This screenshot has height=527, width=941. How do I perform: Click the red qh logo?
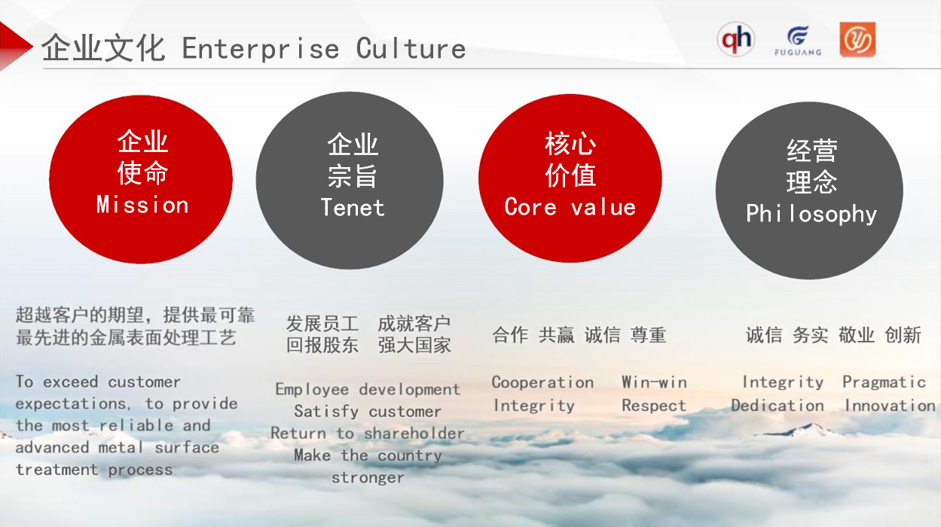pyautogui.click(x=735, y=39)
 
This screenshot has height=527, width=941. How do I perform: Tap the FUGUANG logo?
pyautogui.click(x=798, y=41)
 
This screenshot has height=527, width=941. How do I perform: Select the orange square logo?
pyautogui.click(x=857, y=39)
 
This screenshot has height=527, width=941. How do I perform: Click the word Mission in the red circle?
pyautogui.click(x=142, y=205)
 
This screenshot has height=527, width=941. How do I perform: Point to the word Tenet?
pyautogui.click(x=353, y=208)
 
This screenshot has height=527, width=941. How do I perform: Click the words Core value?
pyautogui.click(x=570, y=206)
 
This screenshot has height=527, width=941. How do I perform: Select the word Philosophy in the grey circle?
pyautogui.click(x=811, y=214)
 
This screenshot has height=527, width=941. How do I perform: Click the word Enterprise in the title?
pyautogui.click(x=261, y=48)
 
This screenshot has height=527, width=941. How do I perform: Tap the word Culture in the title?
pyautogui.click(x=411, y=48)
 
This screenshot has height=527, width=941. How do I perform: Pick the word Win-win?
pyautogui.click(x=654, y=382)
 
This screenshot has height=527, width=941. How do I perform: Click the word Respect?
pyautogui.click(x=654, y=406)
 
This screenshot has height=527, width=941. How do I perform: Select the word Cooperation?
pyautogui.click(x=542, y=382)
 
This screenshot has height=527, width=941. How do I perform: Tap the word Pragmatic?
pyautogui.click(x=884, y=382)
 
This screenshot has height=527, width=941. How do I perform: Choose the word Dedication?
pyautogui.click(x=778, y=405)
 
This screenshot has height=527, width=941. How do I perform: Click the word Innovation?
pyautogui.click(x=890, y=405)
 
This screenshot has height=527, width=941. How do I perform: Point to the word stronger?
pyautogui.click(x=368, y=478)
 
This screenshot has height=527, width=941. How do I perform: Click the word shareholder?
pyautogui.click(x=414, y=433)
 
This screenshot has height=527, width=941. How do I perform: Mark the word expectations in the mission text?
pyautogui.click(x=71, y=404)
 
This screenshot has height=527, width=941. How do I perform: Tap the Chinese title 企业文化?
pyautogui.click(x=103, y=48)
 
